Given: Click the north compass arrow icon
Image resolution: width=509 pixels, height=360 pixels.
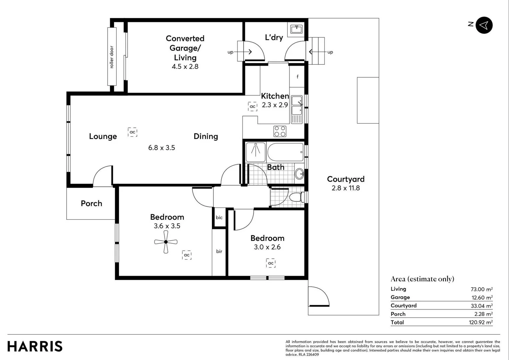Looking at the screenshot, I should [x=484, y=25].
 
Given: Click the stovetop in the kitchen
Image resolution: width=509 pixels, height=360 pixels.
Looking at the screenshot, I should [x=280, y=131].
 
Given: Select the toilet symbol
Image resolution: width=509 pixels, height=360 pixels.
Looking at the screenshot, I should [x=295, y=197].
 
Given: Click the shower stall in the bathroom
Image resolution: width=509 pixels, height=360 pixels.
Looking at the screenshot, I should [x=255, y=152].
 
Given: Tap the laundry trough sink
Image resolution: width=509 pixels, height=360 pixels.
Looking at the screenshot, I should [x=296, y=29].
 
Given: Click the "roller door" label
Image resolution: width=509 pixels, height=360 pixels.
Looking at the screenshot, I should [x=112, y=57].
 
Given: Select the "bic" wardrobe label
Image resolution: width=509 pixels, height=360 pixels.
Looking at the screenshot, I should [x=219, y=218].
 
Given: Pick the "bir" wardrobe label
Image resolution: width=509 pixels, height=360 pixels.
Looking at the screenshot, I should [x=219, y=251].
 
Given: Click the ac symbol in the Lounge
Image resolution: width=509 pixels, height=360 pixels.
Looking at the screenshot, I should [x=133, y=132].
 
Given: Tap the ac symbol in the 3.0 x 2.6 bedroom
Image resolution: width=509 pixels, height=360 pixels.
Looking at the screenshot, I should [x=271, y=263].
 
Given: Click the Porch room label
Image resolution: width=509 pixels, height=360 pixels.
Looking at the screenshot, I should [x=91, y=203].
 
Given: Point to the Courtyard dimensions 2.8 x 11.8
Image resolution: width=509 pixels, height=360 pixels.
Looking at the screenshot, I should [x=345, y=188].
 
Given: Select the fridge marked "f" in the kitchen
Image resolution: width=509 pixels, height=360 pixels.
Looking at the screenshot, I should [x=297, y=77].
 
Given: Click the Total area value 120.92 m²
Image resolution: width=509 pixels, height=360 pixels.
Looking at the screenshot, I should [x=481, y=322].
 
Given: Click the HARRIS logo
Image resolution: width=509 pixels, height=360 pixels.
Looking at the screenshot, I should [x=35, y=346].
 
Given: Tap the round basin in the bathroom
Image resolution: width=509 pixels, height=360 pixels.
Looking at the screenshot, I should [x=299, y=174].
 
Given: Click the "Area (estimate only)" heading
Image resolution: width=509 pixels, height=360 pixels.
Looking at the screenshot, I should [x=422, y=279].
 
